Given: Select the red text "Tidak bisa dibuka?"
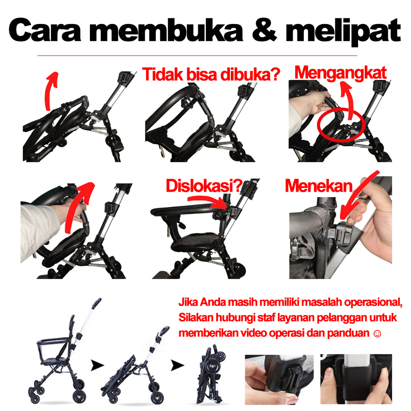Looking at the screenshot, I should (x=211, y=74).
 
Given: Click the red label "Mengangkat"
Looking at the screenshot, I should (x=340, y=73).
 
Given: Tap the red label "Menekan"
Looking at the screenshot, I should (x=319, y=186).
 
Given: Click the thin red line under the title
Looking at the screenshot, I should (x=197, y=55).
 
